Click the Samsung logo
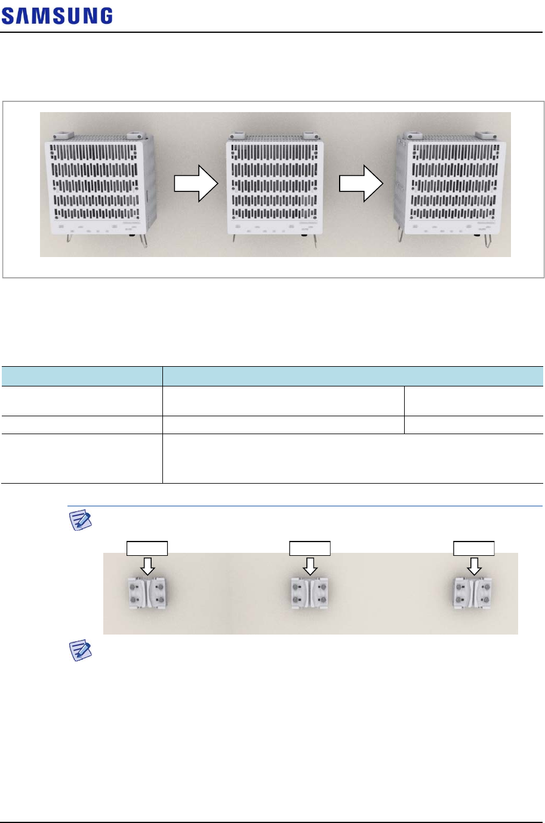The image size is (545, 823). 57,16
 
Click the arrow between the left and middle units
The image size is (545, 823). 196,184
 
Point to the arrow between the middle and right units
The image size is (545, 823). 361,184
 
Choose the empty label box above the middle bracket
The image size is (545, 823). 309,548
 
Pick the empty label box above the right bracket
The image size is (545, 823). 474,548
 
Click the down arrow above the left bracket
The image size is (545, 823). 148,565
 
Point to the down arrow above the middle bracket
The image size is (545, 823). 309,565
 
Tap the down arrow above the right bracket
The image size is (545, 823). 474,565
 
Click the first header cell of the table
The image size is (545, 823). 82,376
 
